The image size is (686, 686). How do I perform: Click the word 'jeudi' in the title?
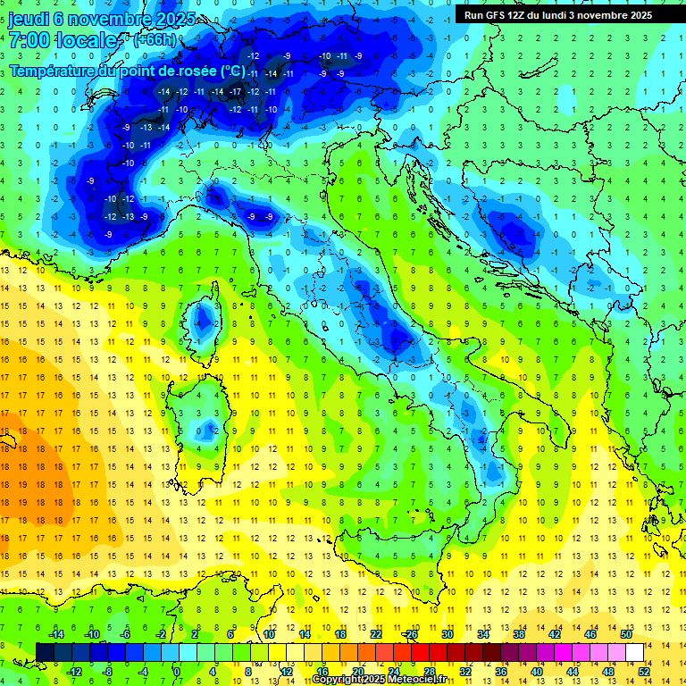(x=29, y=19)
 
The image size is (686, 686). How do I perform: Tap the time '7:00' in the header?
(x=29, y=41)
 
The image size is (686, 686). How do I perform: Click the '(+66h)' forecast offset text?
(x=155, y=40)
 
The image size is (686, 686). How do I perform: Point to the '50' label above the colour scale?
(x=626, y=634)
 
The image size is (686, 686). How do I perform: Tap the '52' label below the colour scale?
(x=644, y=672)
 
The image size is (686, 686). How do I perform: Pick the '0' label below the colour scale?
(x=177, y=672)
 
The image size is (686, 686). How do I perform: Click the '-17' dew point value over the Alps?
(x=236, y=92)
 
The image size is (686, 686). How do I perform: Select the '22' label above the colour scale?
(x=376, y=634)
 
